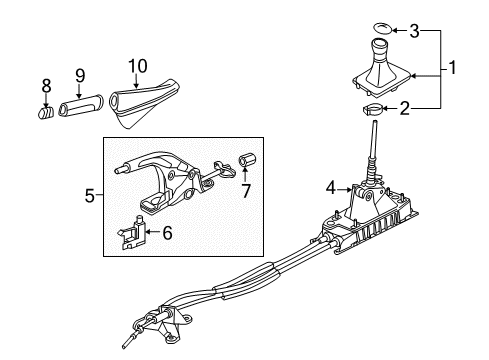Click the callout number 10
138,66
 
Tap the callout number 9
80,76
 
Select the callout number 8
47,86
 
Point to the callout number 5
90,196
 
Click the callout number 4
331,188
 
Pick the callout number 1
452,68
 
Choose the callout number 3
414,31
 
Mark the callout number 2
404,109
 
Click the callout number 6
167,232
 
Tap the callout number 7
246,191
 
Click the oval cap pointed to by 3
382,28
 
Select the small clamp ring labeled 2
373,109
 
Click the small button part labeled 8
45,112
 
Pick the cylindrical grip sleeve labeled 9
81,105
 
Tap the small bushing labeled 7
248,159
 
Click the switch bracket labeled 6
132,232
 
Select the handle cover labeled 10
144,102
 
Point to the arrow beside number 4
344,190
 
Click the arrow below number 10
136,81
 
